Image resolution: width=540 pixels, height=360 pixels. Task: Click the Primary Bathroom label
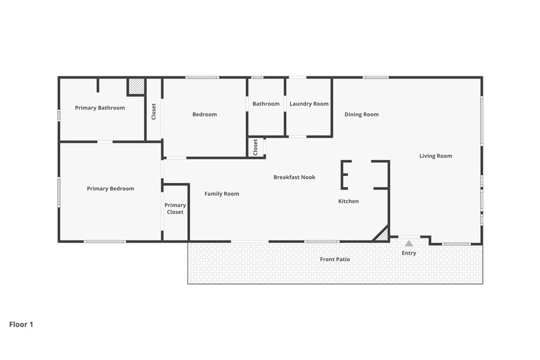click(x=100, y=108)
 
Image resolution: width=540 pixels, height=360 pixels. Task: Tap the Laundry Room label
click(x=309, y=104)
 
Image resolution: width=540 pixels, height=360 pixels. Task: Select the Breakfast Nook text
click(x=294, y=177)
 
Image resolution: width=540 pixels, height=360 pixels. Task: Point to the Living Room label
click(x=436, y=156)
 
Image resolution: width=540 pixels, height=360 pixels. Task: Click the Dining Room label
click(x=362, y=114)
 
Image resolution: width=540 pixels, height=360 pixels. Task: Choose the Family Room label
click(x=222, y=194)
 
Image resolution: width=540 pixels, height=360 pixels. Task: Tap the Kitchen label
click(x=348, y=201)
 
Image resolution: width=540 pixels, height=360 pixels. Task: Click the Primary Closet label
click(x=175, y=209)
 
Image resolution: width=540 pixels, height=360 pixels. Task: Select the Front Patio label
click(x=335, y=259)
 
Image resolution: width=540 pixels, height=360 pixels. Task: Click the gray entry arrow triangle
click(x=409, y=244)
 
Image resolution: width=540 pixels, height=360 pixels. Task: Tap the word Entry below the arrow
click(x=409, y=253)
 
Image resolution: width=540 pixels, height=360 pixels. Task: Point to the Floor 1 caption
click(x=21, y=325)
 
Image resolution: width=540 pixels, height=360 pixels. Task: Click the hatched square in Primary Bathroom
click(x=136, y=86)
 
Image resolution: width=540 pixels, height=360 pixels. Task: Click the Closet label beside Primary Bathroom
click(x=153, y=112)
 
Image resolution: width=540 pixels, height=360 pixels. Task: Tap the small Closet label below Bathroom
click(x=256, y=147)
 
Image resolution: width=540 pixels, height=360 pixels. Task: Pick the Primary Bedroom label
click(x=111, y=189)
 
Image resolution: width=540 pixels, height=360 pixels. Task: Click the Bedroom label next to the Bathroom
click(x=205, y=114)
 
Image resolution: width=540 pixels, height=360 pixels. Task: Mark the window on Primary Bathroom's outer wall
click(x=59, y=115)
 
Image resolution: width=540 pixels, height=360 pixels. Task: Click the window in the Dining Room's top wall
click(x=375, y=77)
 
